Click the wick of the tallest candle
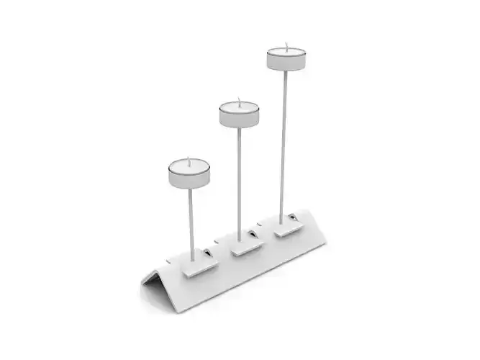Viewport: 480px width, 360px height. pyautogui.click(x=286, y=46)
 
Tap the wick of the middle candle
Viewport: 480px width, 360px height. pyautogui.click(x=239, y=102)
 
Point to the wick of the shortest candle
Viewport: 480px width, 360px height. pyautogui.click(x=190, y=161)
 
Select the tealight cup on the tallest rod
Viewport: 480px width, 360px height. pyautogui.click(x=286, y=60)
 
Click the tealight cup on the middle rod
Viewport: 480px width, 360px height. pyautogui.click(x=239, y=116)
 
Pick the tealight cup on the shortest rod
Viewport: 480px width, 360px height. pyautogui.click(x=189, y=175)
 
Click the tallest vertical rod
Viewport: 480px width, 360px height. pyautogui.click(x=284, y=144)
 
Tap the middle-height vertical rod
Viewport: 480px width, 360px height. pyautogui.click(x=239, y=180)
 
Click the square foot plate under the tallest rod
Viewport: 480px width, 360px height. pyautogui.click(x=288, y=230)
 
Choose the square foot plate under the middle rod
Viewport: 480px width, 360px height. pyautogui.click(x=245, y=247)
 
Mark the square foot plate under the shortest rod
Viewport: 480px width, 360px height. pyautogui.click(x=199, y=267)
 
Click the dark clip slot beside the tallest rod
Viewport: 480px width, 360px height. pyautogui.click(x=293, y=217)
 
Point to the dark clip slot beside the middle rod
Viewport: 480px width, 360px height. pyautogui.click(x=252, y=234)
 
